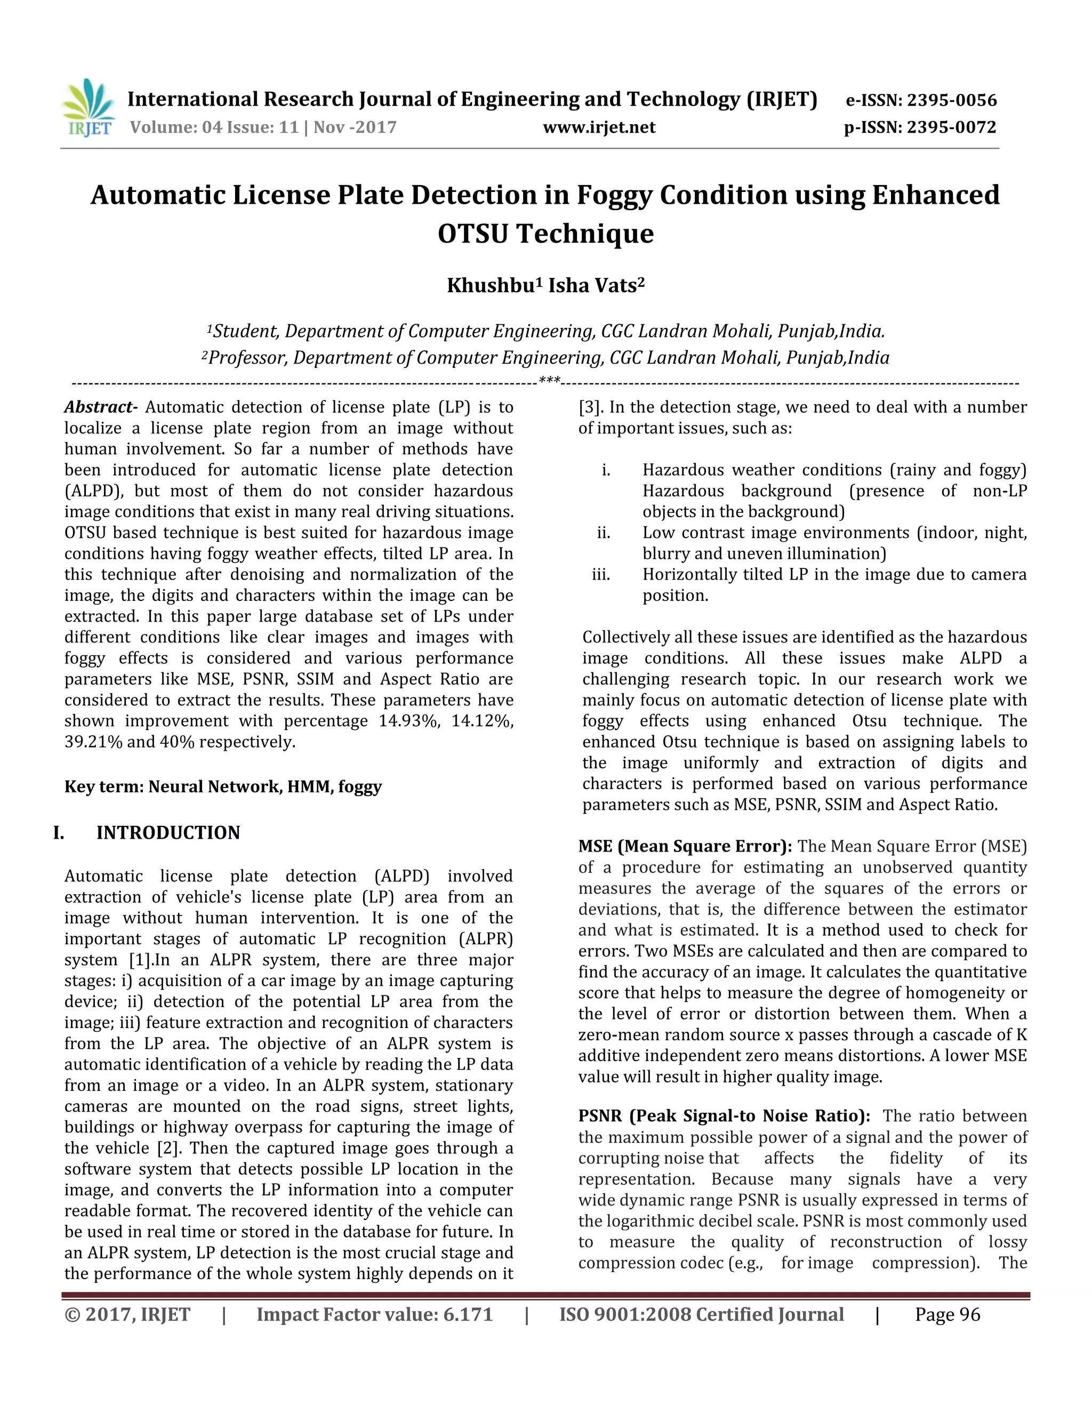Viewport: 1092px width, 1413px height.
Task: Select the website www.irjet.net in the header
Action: click(x=599, y=127)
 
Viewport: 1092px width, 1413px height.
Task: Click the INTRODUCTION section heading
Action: click(x=168, y=833)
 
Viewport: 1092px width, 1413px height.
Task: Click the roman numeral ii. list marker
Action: click(x=603, y=533)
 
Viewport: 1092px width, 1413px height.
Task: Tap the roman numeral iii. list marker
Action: click(x=601, y=574)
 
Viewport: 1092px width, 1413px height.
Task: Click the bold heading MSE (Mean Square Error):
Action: click(x=685, y=846)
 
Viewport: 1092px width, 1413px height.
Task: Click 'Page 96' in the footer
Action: click(x=947, y=1315)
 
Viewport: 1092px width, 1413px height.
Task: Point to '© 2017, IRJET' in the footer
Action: click(x=127, y=1315)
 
